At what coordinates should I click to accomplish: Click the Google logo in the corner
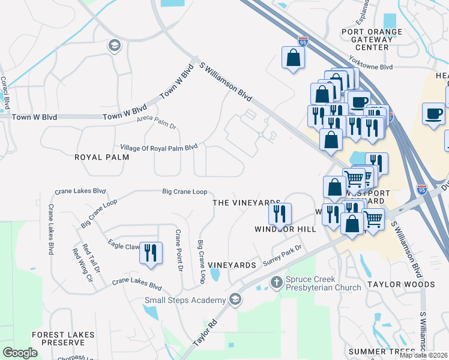coord(20,353)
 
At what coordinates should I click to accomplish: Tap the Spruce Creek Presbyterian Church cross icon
coord(276,281)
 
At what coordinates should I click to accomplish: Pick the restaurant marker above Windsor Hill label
coord(279,213)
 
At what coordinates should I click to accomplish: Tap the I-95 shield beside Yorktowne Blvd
coord(303,41)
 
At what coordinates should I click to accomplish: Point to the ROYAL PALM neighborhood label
coord(95,157)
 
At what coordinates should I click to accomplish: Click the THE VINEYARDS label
coord(247,203)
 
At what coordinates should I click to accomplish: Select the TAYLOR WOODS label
coord(401,284)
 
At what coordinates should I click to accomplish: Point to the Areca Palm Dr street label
coord(156,122)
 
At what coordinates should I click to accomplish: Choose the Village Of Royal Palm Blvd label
coord(158,147)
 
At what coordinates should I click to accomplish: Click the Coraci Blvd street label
coord(4,93)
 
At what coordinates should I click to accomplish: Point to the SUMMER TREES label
coord(382,351)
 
